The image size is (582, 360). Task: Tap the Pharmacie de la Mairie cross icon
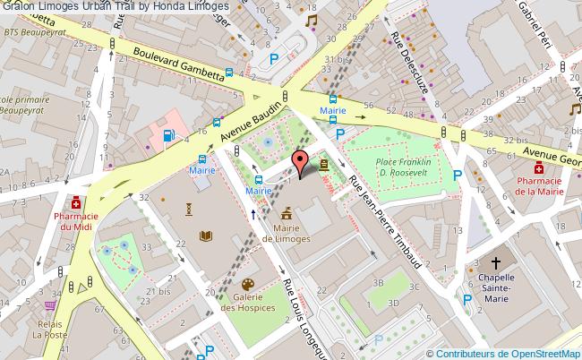(x=539, y=167)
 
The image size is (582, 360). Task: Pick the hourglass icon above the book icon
(x=189, y=209)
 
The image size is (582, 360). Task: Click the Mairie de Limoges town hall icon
(x=287, y=213)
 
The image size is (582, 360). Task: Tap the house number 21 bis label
(x=163, y=291)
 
